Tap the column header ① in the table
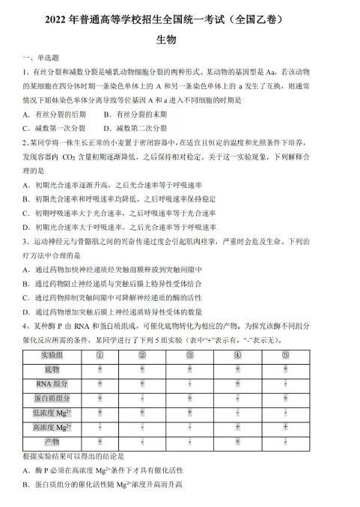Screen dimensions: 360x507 click(100, 354)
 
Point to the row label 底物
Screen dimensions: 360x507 click(52, 369)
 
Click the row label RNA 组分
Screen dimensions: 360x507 click(52, 383)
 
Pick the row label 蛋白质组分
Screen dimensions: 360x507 click(52, 398)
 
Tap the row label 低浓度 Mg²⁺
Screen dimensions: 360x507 click(52, 412)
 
